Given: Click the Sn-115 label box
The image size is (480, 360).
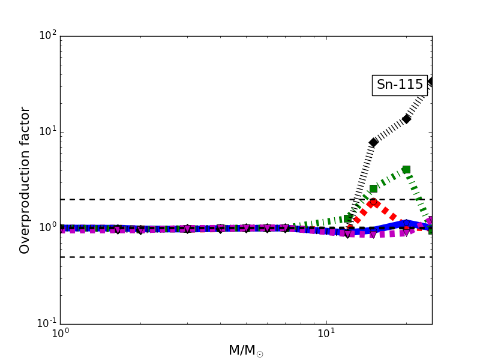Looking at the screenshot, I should [x=400, y=85].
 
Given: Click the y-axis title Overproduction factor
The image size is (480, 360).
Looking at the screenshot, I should [x=25, y=180].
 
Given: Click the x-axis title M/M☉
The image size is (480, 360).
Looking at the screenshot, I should [x=246, y=350].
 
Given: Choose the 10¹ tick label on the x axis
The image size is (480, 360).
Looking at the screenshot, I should [x=326, y=334].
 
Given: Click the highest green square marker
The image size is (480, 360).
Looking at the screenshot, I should [x=406, y=169].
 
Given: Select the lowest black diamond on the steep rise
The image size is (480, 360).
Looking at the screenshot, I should [x=373, y=142].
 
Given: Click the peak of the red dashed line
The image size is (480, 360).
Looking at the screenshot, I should [x=373, y=202].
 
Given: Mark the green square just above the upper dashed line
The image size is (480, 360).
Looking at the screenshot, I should [x=373, y=188].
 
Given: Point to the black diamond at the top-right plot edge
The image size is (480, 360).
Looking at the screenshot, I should [x=431, y=81].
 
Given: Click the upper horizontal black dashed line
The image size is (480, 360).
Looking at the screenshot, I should [x=180, y=199].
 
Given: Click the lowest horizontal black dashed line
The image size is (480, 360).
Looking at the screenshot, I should [x=180, y=257].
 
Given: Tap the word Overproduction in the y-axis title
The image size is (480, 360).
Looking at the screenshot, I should [x=25, y=198].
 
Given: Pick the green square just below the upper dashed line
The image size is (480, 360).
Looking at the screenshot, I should [x=348, y=218].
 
